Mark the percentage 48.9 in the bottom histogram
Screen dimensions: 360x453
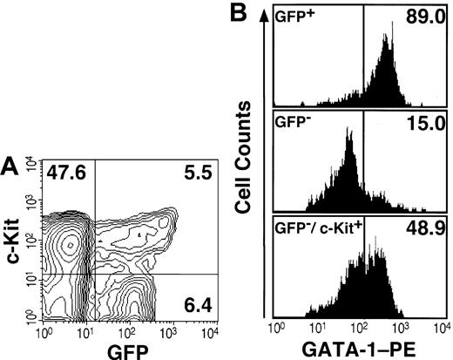pos(425,229)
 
